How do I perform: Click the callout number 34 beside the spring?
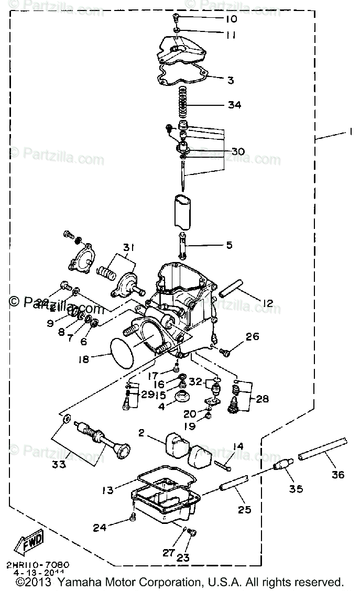[x=234, y=105]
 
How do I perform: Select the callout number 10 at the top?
[x=231, y=19]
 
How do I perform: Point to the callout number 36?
[x=337, y=475]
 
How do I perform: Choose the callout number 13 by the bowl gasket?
[x=107, y=490]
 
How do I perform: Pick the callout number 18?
[x=84, y=359]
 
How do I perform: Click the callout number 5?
[x=230, y=245]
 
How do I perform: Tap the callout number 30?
[x=238, y=151]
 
